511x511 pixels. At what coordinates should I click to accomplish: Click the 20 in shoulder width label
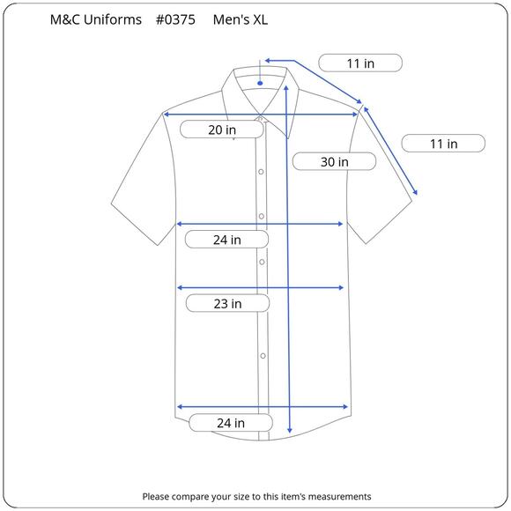222,130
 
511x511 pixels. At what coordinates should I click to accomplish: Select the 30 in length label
335,161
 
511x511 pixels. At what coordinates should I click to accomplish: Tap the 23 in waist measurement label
227,303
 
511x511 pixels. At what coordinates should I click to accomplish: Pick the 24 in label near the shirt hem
231,423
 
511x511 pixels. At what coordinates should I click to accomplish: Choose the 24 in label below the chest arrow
226,240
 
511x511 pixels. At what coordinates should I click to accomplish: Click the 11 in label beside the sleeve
443,144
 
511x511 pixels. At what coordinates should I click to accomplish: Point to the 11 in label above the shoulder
360,63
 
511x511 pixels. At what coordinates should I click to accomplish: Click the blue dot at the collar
260,84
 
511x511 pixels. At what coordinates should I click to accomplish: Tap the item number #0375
175,19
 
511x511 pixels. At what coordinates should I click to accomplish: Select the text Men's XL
241,19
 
